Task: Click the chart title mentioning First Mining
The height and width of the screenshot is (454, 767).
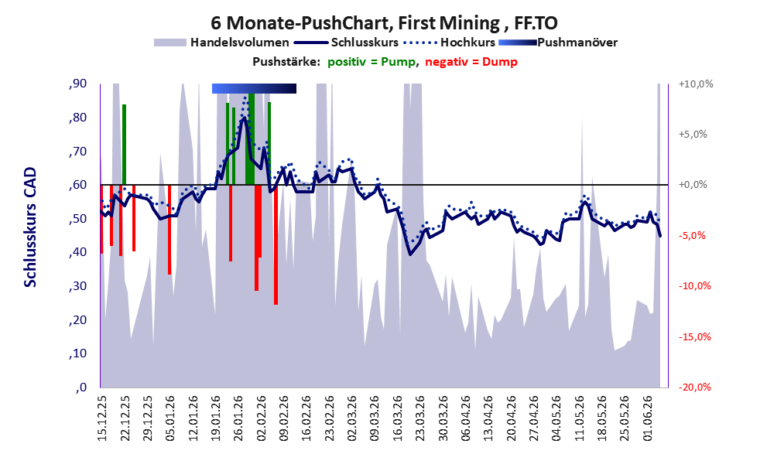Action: (x=384, y=22)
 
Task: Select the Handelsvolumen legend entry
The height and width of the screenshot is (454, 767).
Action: (x=221, y=43)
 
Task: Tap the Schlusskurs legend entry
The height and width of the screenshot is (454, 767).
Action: (x=346, y=43)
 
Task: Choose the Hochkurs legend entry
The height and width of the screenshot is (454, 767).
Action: (x=449, y=43)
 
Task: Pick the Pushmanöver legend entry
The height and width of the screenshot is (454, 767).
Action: (x=558, y=43)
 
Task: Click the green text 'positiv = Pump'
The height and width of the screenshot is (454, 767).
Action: (x=372, y=62)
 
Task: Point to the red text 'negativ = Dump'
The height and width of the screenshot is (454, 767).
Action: (x=471, y=62)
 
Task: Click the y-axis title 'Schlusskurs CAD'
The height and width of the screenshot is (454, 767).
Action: (x=30, y=227)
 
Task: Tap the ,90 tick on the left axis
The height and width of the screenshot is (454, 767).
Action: (x=77, y=84)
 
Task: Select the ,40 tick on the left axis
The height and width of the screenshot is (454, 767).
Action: (x=77, y=253)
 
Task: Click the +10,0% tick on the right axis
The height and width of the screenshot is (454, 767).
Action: (x=696, y=84)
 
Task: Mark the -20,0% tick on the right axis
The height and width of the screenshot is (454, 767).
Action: (x=694, y=387)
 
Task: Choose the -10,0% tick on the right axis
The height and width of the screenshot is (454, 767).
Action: (x=694, y=286)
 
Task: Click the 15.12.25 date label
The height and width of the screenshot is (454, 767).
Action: (x=101, y=419)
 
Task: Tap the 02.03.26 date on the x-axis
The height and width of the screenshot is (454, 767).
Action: (x=352, y=419)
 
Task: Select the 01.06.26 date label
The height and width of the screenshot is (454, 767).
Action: (x=648, y=419)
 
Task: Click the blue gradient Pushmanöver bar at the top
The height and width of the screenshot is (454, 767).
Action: (x=254, y=88)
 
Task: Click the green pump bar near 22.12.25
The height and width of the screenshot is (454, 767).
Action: (x=125, y=145)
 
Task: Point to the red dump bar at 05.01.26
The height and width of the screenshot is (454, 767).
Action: (x=169, y=230)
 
